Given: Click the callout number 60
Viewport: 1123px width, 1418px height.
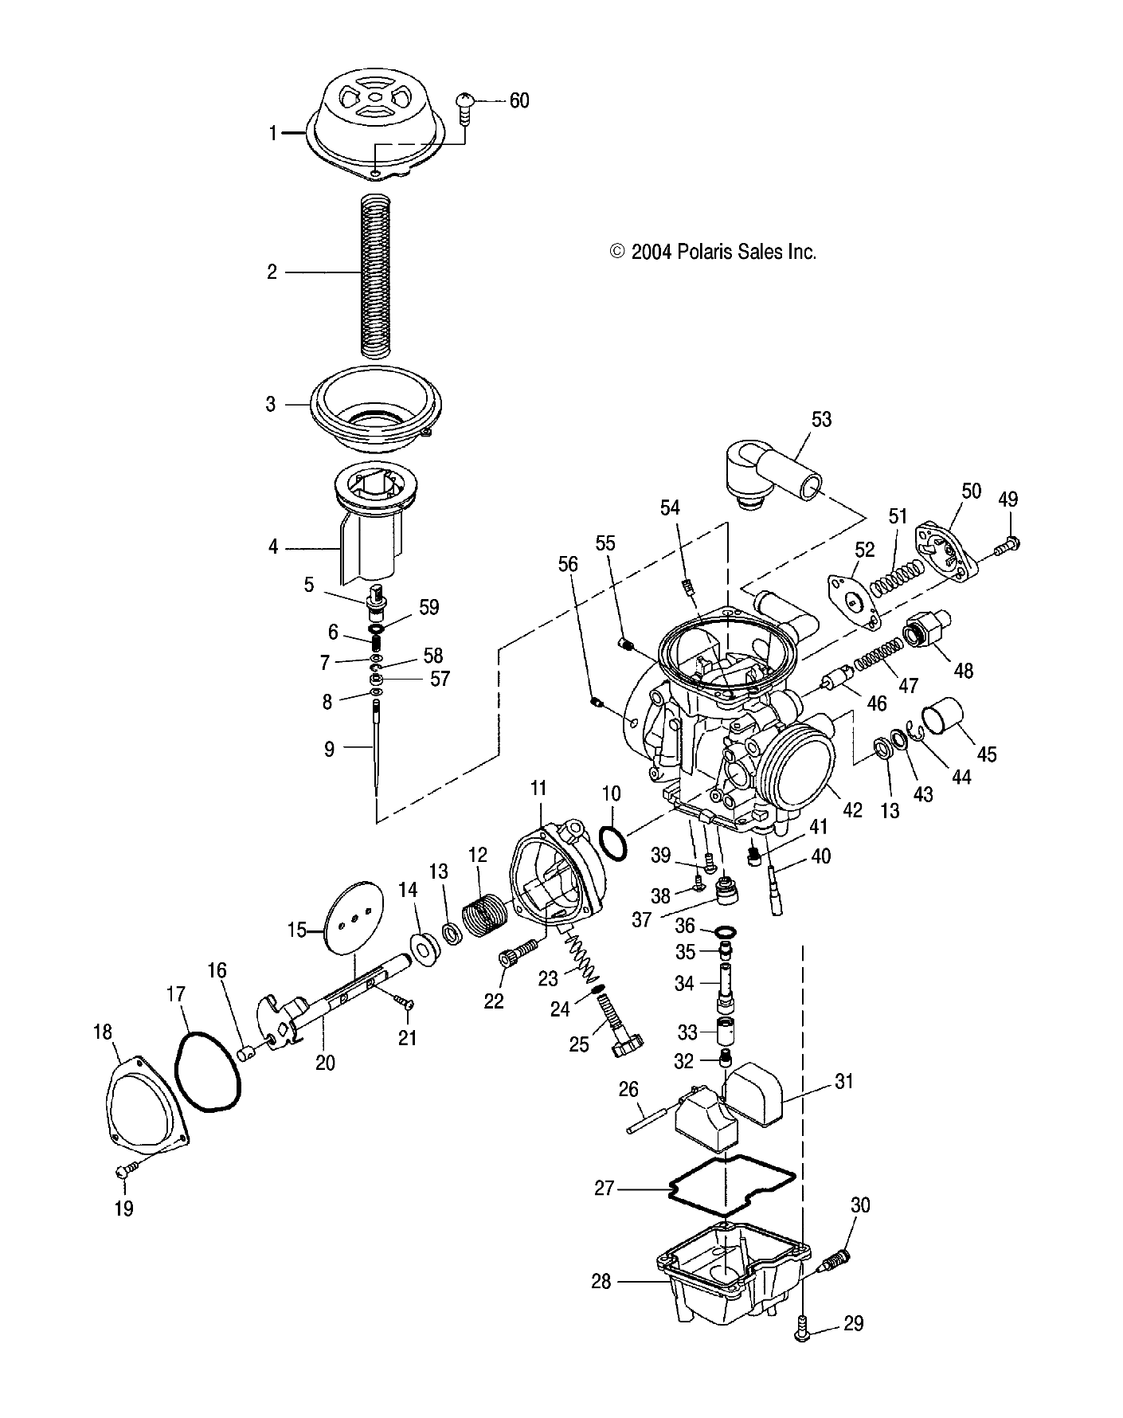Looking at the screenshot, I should [x=518, y=101].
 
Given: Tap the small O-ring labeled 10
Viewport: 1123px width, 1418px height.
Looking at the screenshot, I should [x=612, y=842].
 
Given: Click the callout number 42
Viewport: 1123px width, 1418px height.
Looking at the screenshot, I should [x=851, y=810].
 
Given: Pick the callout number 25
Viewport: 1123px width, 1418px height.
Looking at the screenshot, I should [x=579, y=1044].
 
